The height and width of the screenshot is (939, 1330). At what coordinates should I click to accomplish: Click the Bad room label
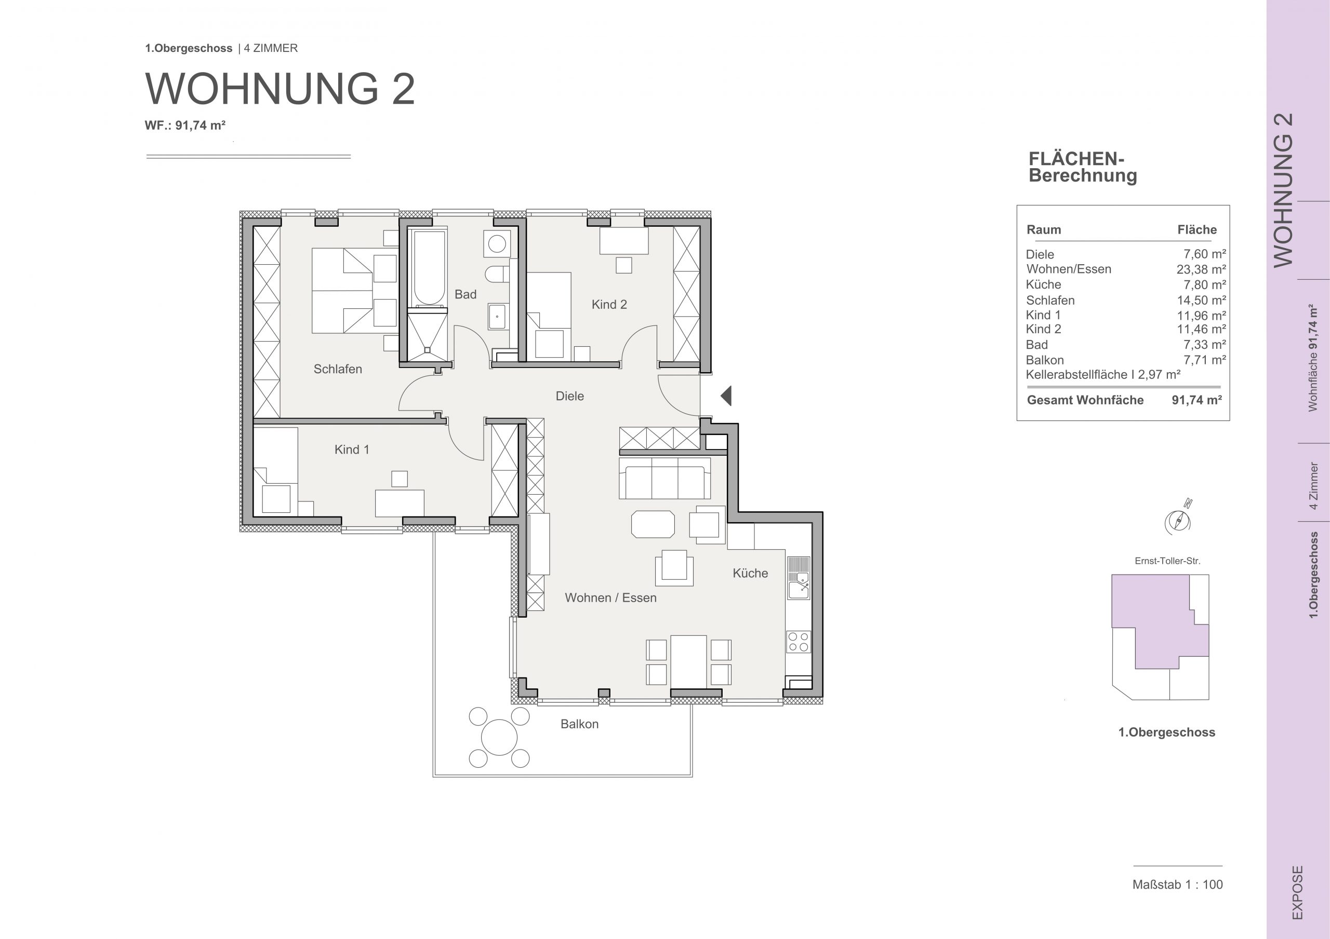(x=465, y=294)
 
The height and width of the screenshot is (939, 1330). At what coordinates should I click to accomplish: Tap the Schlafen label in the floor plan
(x=338, y=369)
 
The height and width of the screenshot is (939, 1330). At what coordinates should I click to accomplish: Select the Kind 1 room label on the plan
(x=352, y=449)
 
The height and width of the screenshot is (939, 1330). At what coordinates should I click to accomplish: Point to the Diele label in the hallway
(x=569, y=396)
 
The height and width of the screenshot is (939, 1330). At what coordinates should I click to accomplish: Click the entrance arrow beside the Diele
(x=726, y=396)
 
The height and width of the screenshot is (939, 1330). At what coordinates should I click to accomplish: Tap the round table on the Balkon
(x=499, y=738)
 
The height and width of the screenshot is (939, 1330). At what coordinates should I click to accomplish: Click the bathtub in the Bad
(x=429, y=267)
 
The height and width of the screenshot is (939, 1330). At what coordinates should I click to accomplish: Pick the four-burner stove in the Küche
(x=798, y=642)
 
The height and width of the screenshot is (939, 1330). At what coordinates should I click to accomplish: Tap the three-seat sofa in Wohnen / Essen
(x=664, y=478)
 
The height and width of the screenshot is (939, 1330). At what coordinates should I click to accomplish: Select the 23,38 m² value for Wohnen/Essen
(x=1201, y=269)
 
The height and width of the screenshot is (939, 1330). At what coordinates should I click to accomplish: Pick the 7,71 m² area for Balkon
(x=1204, y=360)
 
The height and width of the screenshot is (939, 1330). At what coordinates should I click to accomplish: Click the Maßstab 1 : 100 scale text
(x=1178, y=884)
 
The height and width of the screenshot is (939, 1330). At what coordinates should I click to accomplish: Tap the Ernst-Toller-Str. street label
(x=1167, y=561)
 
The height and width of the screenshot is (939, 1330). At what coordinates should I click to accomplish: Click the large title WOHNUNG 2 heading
(x=280, y=89)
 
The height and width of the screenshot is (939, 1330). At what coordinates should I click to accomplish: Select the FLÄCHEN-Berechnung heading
(x=1083, y=167)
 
